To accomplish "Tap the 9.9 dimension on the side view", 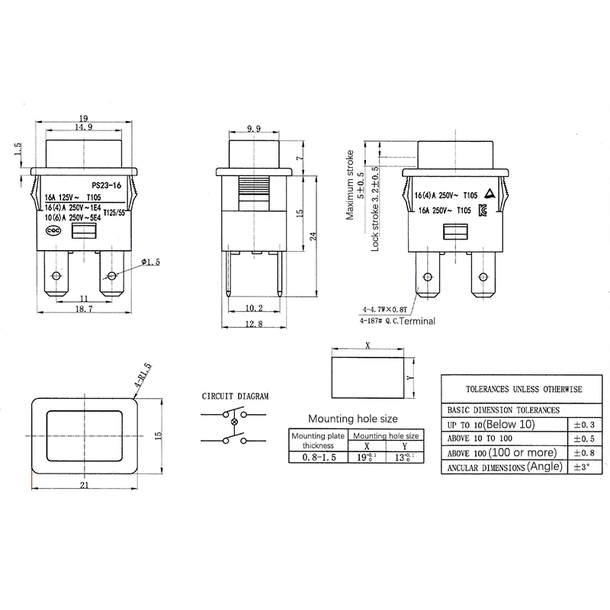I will click(254, 128).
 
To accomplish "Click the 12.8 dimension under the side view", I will click(254, 324).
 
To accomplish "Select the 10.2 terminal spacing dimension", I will click(254, 308).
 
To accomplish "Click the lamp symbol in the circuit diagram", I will click(234, 422).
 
